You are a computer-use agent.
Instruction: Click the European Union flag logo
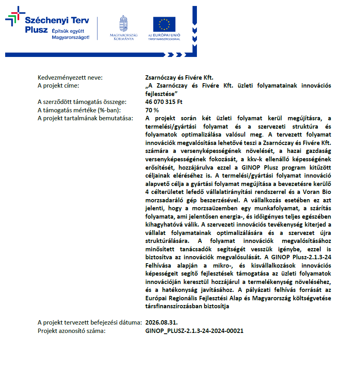[x=164, y=24]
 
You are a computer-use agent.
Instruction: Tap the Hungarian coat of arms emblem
[x=124, y=23]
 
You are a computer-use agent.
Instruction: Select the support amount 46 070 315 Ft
[x=164, y=102]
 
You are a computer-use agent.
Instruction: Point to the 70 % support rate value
[x=152, y=110]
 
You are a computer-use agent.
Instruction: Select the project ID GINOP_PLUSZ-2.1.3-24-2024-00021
[x=195, y=331]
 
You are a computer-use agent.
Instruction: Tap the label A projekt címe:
[x=58, y=86]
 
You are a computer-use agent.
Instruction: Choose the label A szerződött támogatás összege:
[x=82, y=102]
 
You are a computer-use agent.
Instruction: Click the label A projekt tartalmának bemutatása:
[x=85, y=118]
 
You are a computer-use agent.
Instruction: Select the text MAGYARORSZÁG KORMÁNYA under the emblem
[x=124, y=37]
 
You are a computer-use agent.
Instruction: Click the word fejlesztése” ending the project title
[x=161, y=94]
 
